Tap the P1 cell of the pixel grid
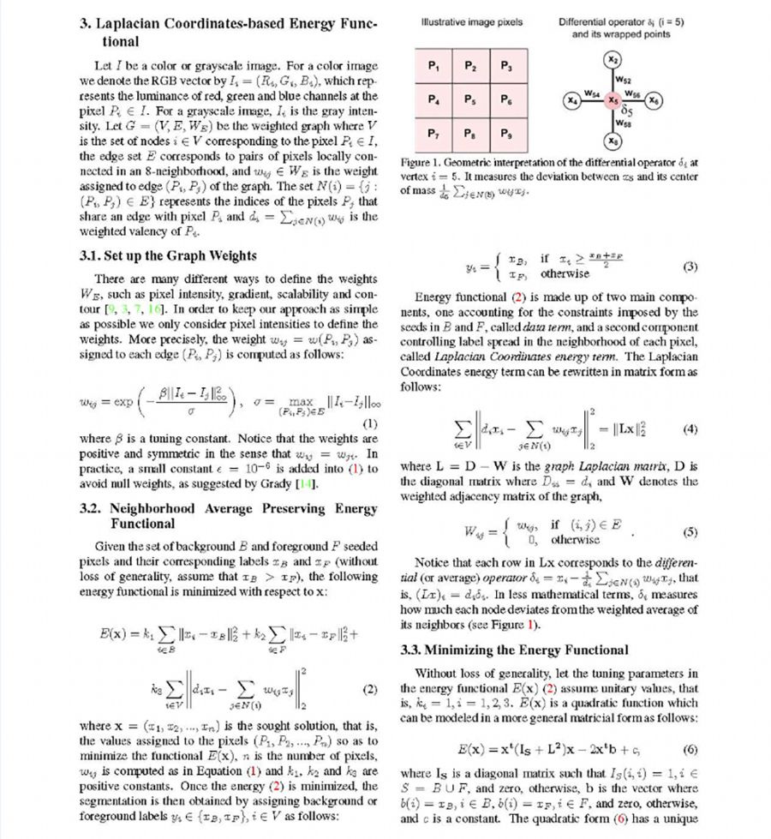(434, 66)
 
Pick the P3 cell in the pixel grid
(505, 66)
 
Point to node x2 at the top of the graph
(612, 60)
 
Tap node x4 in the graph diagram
(571, 100)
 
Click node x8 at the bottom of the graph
(612, 140)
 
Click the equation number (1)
(370, 422)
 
